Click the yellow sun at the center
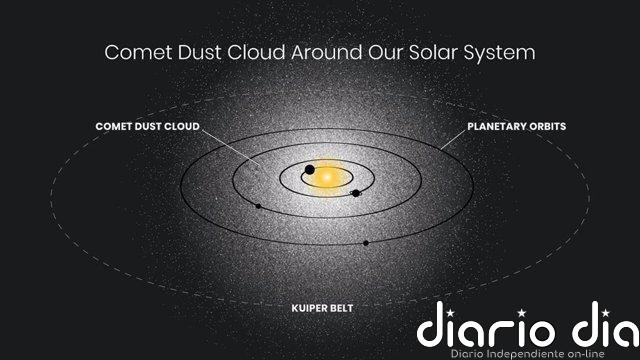(327, 178)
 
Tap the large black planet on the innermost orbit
(310, 169)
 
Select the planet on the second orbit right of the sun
(356, 193)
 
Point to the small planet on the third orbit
(258, 206)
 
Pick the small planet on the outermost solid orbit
(366, 242)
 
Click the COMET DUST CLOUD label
(147, 128)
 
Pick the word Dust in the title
(202, 52)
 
